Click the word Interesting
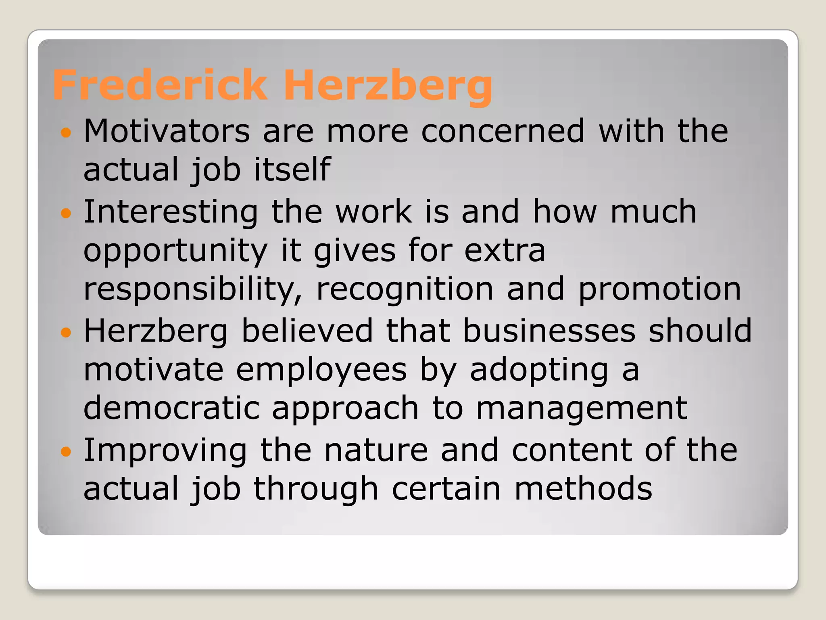click(171, 212)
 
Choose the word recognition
click(405, 290)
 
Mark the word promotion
click(659, 290)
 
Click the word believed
click(307, 330)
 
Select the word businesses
click(549, 330)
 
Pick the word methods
click(583, 488)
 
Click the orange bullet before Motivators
click(66, 132)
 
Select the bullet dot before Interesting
click(66, 213)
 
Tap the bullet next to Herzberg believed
click(66, 332)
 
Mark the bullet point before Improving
click(66, 451)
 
